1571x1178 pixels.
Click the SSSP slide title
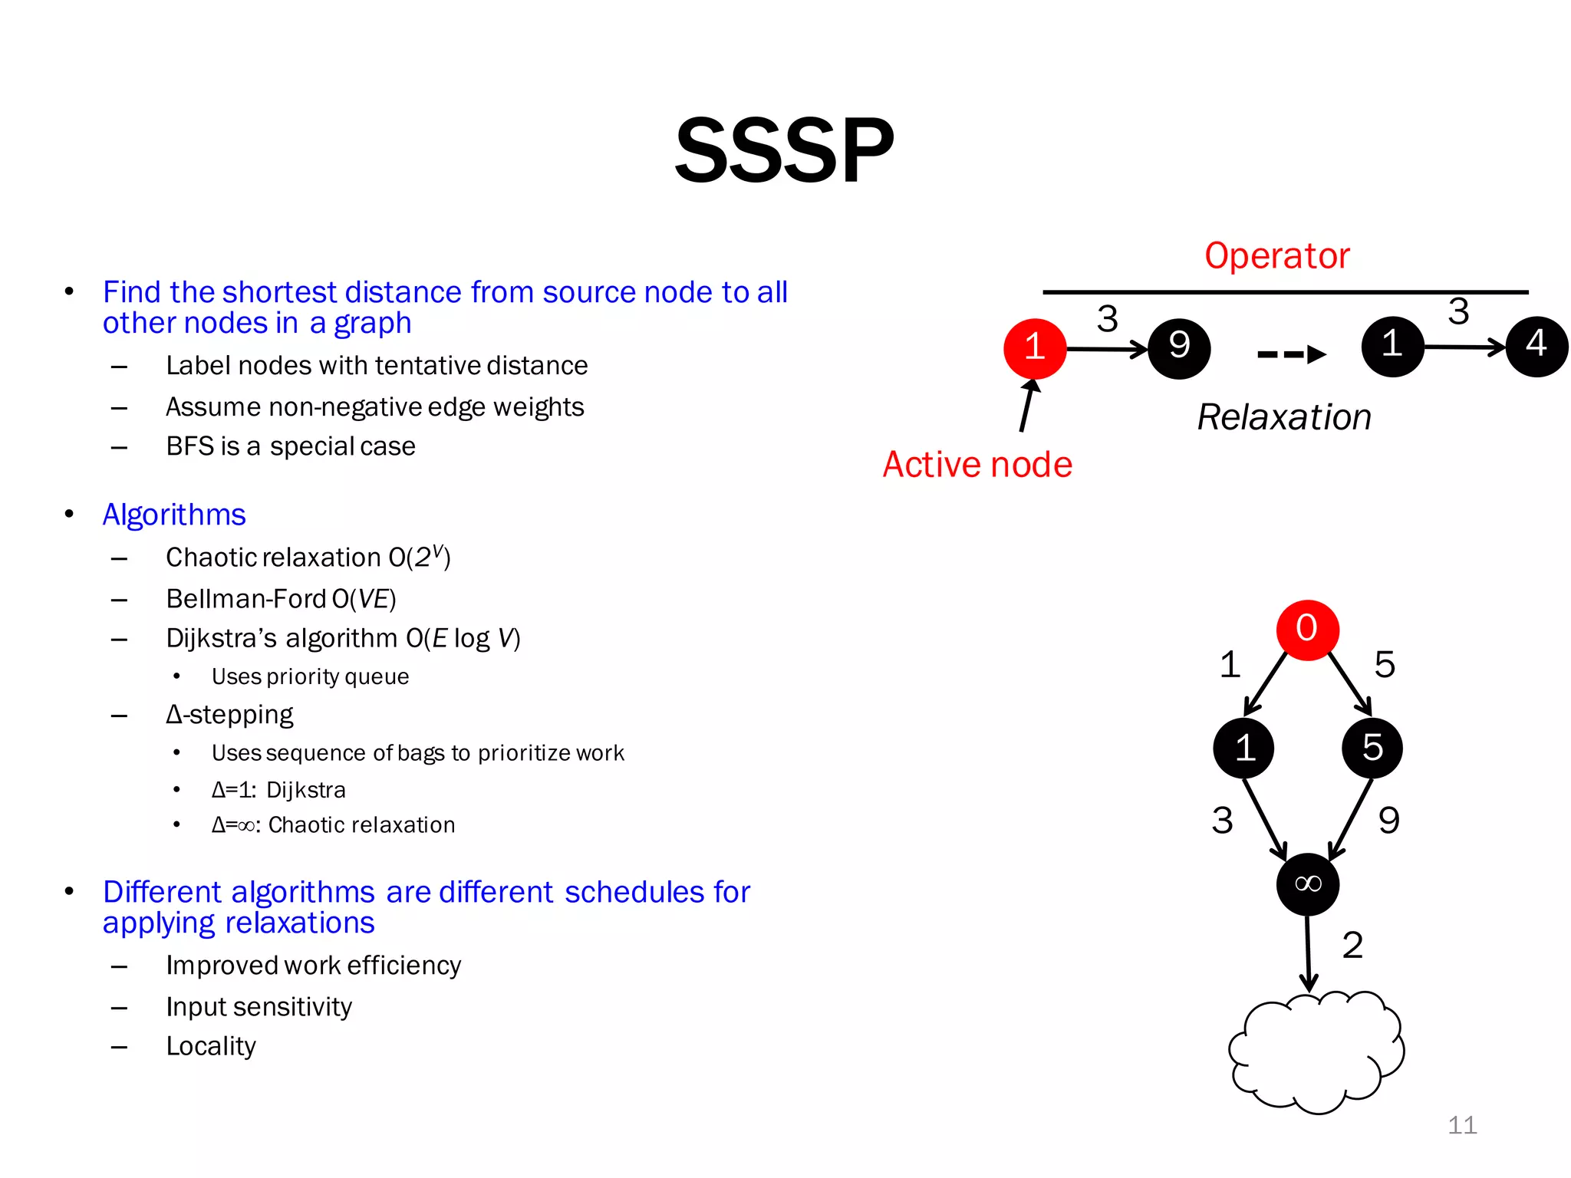tap(784, 150)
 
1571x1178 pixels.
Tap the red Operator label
tap(1276, 255)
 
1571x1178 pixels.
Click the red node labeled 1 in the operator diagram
tap(1035, 348)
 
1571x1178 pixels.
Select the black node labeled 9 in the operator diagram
tap(1179, 348)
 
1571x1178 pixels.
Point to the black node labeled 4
tap(1536, 346)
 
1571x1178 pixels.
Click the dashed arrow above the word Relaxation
tap(1292, 354)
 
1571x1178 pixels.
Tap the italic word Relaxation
tap(1284, 417)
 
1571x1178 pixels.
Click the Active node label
tap(977, 465)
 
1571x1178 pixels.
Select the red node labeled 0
tap(1307, 630)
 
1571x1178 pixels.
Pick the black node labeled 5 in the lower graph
tap(1372, 748)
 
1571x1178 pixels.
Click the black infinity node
tap(1307, 884)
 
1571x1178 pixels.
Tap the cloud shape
tap(1316, 1052)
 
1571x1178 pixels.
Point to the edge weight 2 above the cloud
tap(1352, 945)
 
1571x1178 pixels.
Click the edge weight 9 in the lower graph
tap(1388, 821)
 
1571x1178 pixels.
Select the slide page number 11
tap(1462, 1125)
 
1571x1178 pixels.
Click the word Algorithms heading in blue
tap(174, 515)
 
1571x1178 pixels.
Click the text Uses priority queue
tap(310, 676)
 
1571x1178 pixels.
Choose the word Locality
tap(211, 1046)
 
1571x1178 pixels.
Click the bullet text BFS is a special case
tap(291, 446)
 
